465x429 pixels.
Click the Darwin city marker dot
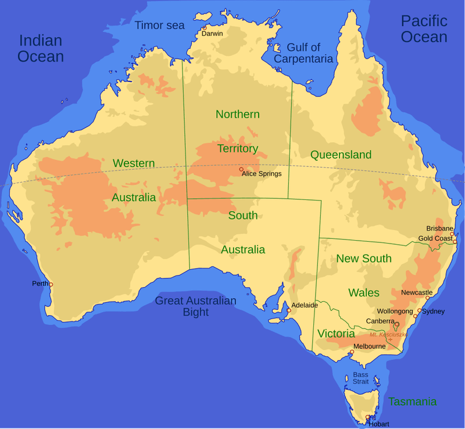(x=205, y=27)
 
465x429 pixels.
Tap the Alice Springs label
(x=262, y=174)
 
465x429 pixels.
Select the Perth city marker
(x=51, y=284)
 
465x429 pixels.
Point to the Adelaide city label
(x=305, y=305)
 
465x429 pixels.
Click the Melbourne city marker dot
(x=351, y=352)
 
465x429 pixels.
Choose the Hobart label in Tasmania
(x=379, y=424)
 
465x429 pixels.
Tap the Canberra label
(x=381, y=321)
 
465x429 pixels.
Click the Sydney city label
(x=434, y=312)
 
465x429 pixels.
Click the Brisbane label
(x=439, y=228)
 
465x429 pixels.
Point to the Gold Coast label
(x=435, y=238)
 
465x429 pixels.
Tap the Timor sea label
(x=159, y=25)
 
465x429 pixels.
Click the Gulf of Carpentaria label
(x=303, y=53)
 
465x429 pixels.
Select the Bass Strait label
(x=360, y=378)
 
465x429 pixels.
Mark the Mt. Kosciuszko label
(x=388, y=334)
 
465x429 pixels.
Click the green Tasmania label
(x=412, y=402)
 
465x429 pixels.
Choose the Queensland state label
(x=341, y=155)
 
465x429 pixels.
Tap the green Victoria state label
(x=336, y=334)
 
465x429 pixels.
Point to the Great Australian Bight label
(x=195, y=306)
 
